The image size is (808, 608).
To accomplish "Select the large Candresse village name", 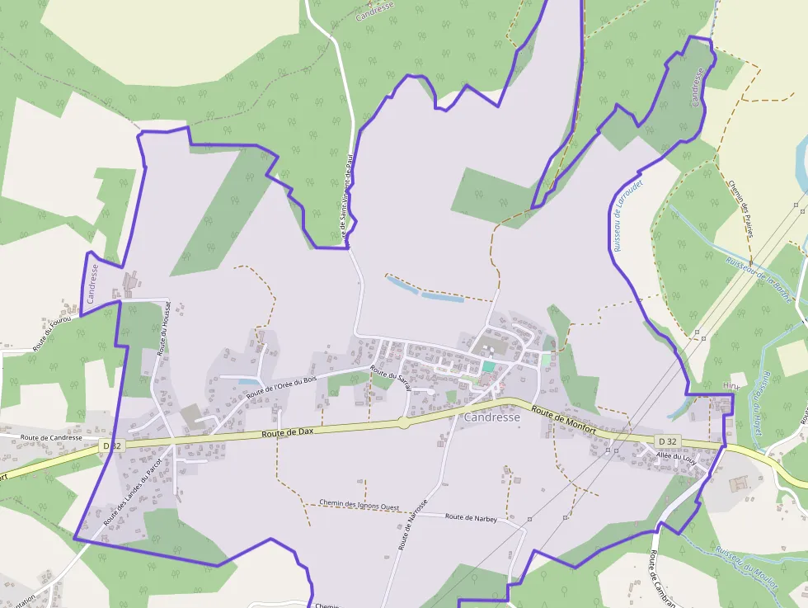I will tap(492, 417).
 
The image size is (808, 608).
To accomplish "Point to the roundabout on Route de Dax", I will tap(403, 422).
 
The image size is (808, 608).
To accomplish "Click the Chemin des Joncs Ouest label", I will tap(359, 504).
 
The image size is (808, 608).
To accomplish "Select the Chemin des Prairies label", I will tap(740, 210).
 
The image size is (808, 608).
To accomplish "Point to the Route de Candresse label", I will tap(51, 437).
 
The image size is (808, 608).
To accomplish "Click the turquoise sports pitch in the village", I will tap(489, 366).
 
